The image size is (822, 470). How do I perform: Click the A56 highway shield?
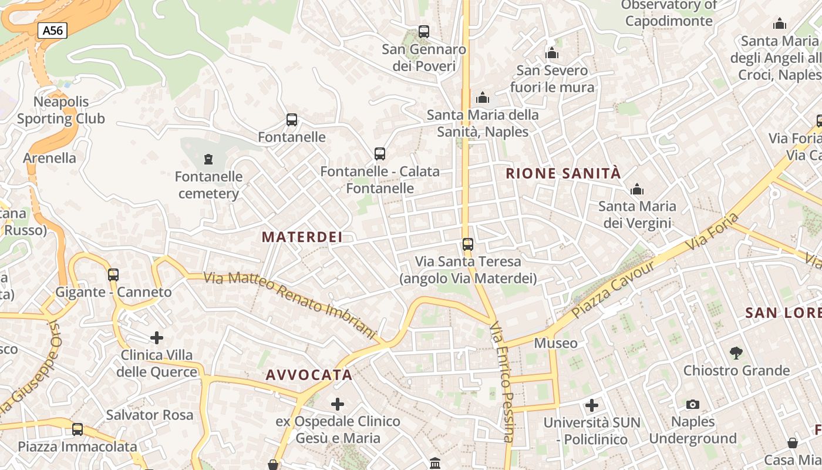[x=52, y=31]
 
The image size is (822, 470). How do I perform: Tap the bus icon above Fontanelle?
[x=292, y=120]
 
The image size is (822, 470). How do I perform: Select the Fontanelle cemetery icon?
[x=208, y=159]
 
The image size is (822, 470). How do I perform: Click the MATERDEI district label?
[x=302, y=237]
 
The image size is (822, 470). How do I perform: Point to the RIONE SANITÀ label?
[x=562, y=173]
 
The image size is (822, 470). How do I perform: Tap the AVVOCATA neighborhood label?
[x=309, y=375]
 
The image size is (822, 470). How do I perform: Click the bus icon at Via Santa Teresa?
[x=468, y=244]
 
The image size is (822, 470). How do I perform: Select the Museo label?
[x=555, y=343]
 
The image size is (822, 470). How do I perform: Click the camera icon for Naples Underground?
[x=693, y=404]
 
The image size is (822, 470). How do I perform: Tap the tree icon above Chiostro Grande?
[x=736, y=353]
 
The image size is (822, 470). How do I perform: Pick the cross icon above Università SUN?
[x=592, y=405]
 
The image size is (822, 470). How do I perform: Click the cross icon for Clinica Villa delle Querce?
[x=156, y=337]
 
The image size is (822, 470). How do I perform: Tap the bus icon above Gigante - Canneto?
[x=113, y=274]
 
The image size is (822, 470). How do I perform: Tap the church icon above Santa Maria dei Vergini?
[x=637, y=189]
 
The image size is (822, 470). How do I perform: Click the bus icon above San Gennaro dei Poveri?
[x=424, y=32]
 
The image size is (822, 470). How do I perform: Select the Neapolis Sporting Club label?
[x=60, y=110]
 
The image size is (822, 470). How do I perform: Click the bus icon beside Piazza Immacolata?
[x=78, y=429]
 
